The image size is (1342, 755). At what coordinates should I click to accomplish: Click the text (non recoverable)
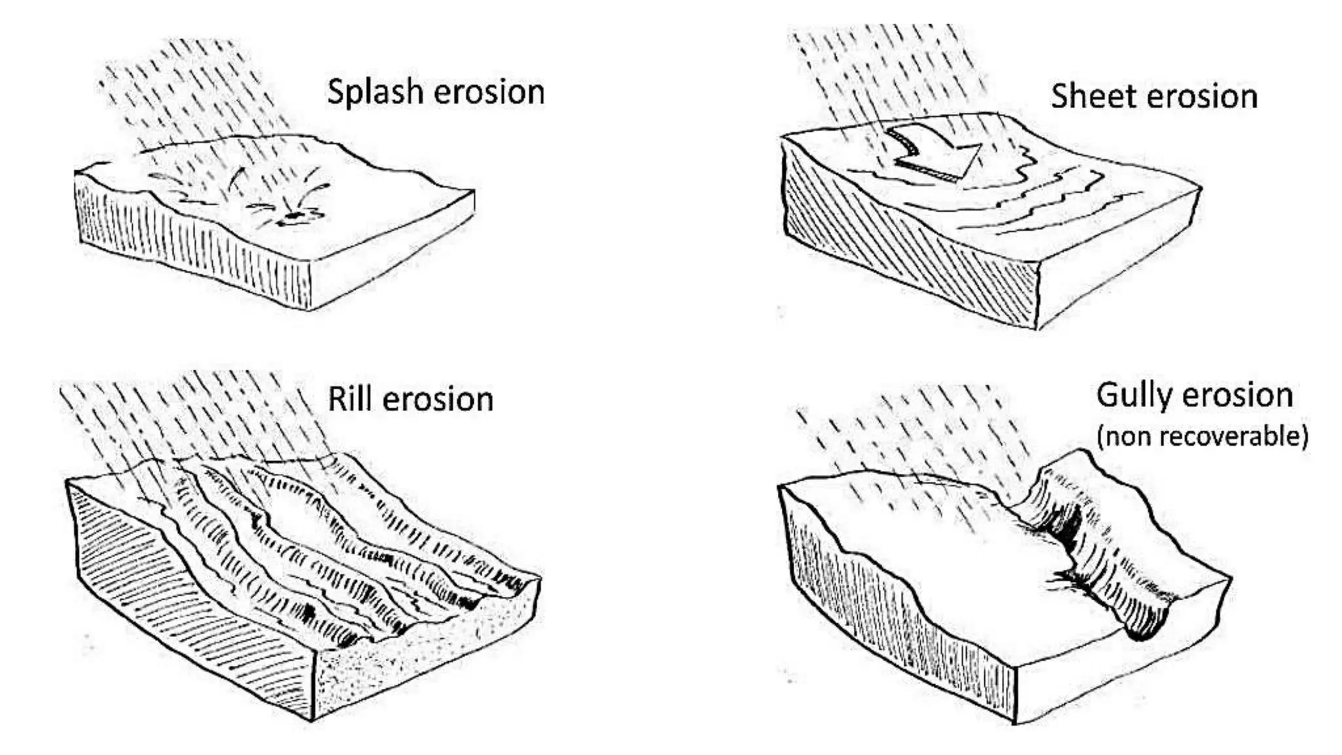1202,436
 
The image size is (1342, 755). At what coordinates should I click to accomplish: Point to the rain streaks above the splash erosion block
190,85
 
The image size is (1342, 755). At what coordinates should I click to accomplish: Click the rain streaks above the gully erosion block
917,433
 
